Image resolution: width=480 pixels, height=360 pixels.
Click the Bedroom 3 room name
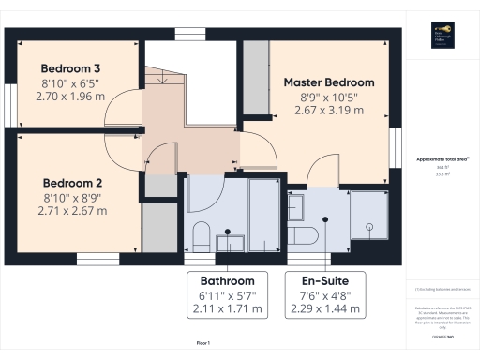70,68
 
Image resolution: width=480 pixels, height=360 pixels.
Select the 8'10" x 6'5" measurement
70,82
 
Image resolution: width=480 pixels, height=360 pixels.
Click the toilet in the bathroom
200,234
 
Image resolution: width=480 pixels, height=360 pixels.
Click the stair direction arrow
165,81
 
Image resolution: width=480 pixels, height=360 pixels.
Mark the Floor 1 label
202,344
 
